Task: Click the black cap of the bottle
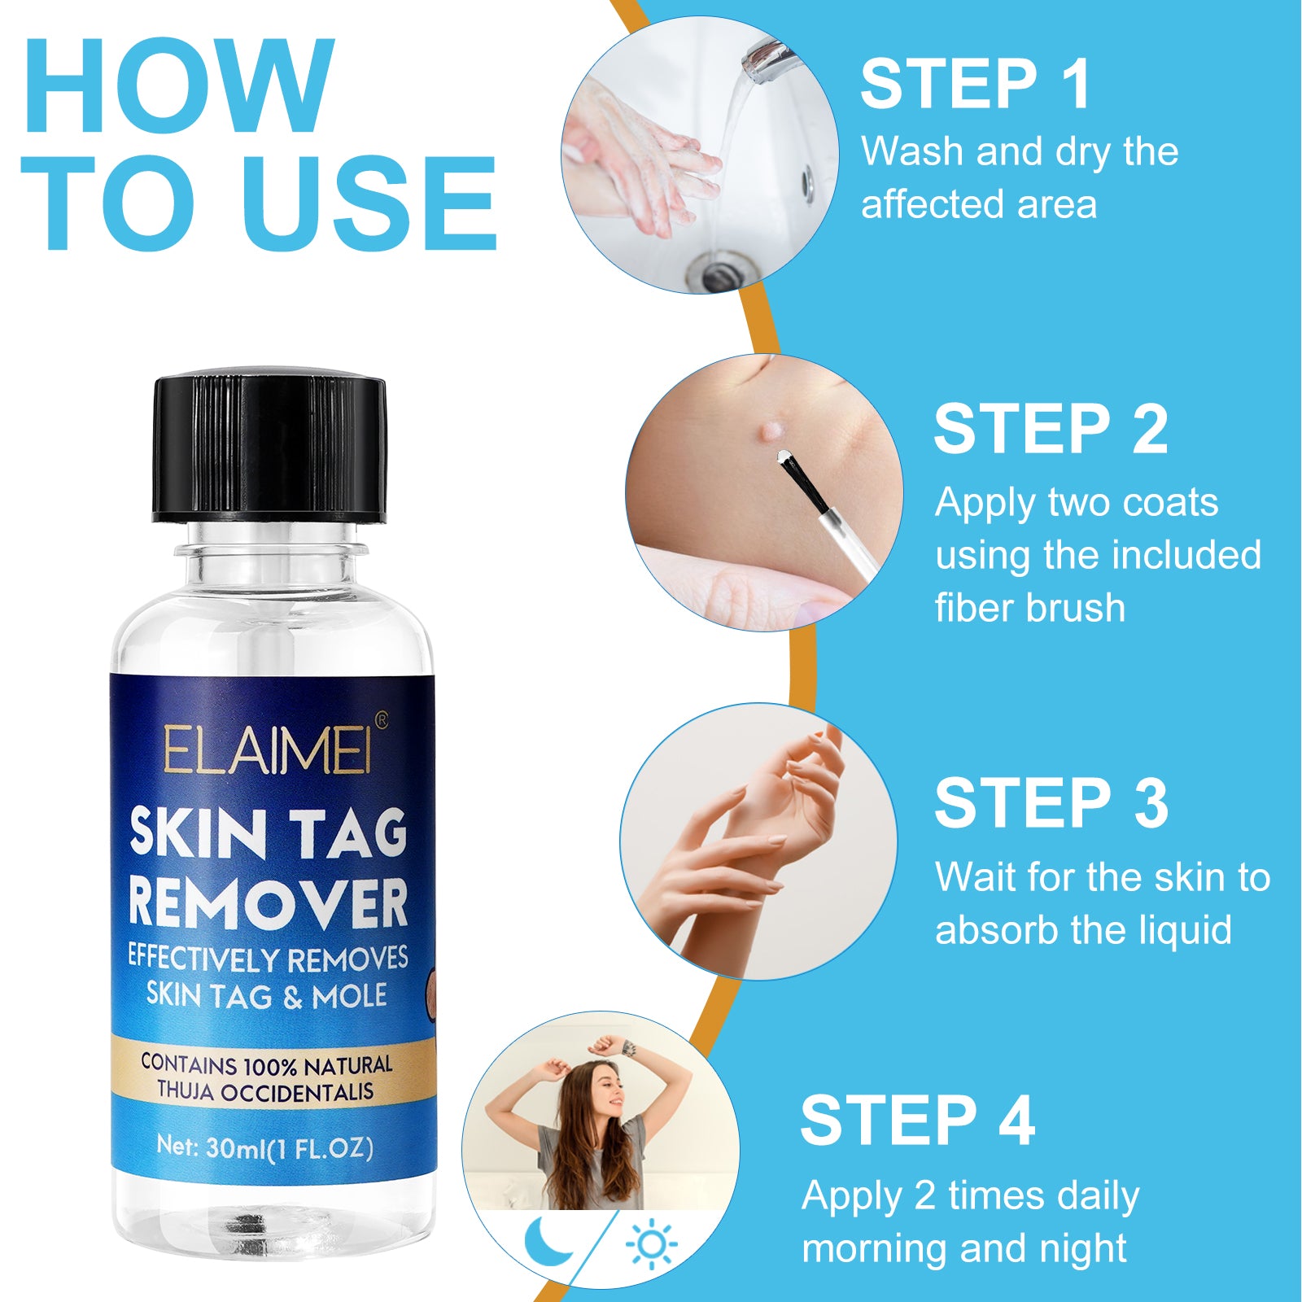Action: coord(269,448)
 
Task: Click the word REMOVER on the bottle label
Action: coord(268,903)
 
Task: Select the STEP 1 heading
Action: coord(975,84)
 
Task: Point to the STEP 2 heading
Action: coord(1050,430)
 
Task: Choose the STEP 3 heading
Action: coord(1051,804)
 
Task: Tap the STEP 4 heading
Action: coord(917,1121)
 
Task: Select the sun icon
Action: coord(652,1244)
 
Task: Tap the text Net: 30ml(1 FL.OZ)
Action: coord(264,1148)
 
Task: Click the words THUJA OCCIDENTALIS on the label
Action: coord(265,1092)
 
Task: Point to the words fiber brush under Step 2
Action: coord(1029,609)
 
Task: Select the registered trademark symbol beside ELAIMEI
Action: coord(381,719)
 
